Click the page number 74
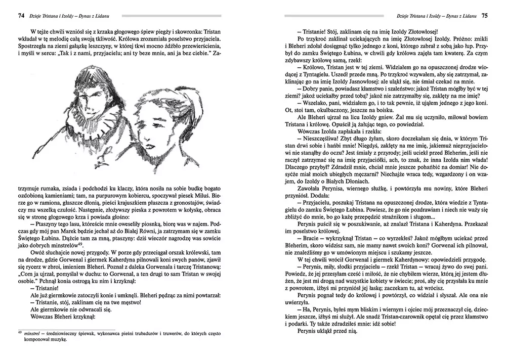(21, 16)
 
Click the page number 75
(484, 16)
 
